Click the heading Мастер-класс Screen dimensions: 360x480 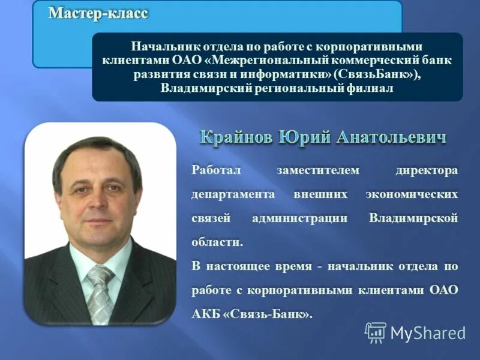pyautogui.click(x=98, y=13)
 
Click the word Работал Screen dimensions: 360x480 pyautogui.click(x=216, y=171)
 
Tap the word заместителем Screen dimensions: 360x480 pyautogui.click(x=317, y=171)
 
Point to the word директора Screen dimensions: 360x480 pyautogui.click(x=427, y=171)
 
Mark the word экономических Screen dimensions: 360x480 pyautogui.click(x=412, y=195)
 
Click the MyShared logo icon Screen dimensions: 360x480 pyautogui.click(x=376, y=332)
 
